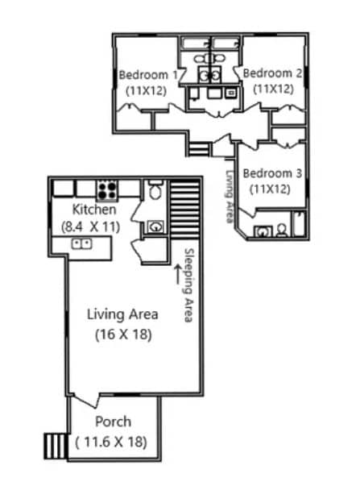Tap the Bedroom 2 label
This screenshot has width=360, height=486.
(x=273, y=73)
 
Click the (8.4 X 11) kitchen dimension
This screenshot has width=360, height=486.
(x=90, y=227)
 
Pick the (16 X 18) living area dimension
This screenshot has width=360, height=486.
(x=122, y=333)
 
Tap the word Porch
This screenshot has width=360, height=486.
(x=113, y=422)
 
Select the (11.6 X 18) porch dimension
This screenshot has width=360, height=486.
(x=112, y=441)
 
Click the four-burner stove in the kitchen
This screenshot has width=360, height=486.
(x=107, y=190)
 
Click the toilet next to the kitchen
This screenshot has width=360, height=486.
(x=155, y=192)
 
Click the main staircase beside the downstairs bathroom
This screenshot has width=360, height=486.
(x=184, y=208)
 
